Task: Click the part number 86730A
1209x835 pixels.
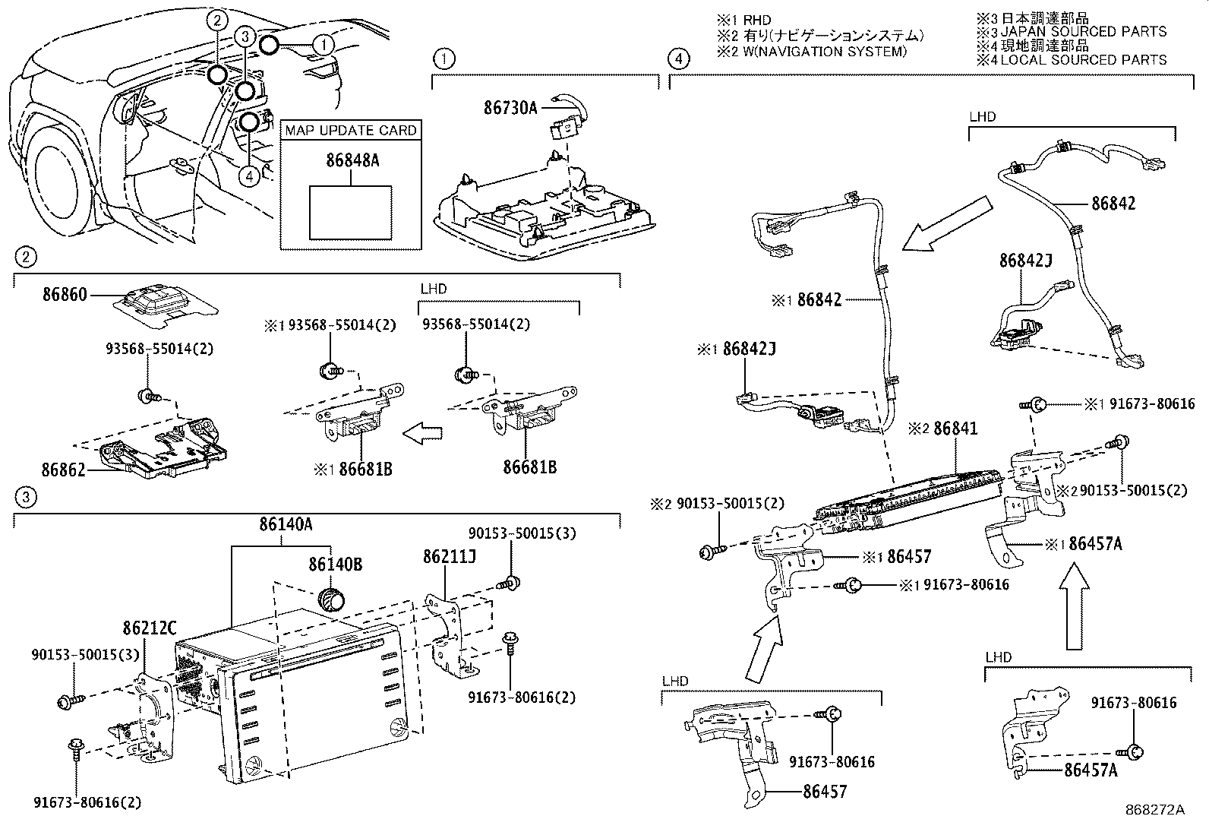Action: click(510, 109)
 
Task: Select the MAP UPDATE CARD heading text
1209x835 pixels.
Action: click(350, 131)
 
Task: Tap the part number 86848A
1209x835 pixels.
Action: click(352, 161)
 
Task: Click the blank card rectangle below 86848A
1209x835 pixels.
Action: click(350, 212)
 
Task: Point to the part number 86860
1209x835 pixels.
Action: click(65, 294)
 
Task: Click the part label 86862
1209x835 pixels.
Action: click(65, 469)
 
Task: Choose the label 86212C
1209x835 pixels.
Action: click(149, 628)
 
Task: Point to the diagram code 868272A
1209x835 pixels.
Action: click(1154, 810)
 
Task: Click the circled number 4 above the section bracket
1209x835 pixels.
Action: click(678, 59)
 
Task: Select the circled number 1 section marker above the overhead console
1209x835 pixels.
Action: click(443, 59)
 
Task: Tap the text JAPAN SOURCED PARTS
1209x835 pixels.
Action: click(1083, 32)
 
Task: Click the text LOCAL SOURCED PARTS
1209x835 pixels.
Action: click(1083, 59)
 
